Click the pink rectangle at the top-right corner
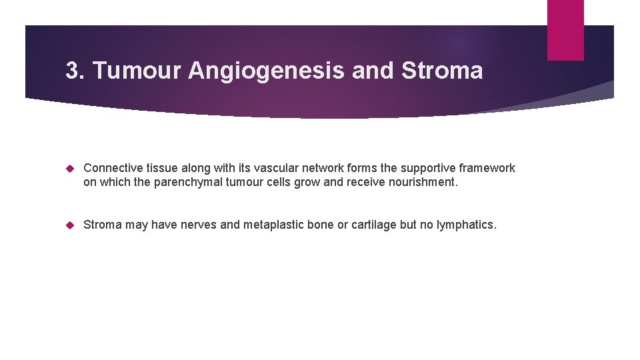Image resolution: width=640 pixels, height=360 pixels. (x=565, y=30)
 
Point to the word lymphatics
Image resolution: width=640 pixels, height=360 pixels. (x=465, y=225)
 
